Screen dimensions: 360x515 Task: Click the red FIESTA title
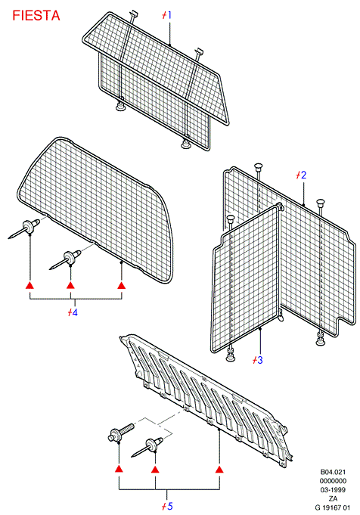coord(36,16)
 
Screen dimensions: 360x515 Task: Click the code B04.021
coord(333,472)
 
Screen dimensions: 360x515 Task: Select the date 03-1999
coord(333,490)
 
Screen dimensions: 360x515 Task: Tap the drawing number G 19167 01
coord(333,507)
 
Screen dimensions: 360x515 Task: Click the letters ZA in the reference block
coord(333,498)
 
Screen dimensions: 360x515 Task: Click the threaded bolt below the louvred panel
coord(121,433)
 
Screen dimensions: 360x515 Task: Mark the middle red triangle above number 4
coord(70,285)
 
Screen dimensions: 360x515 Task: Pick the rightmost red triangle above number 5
coord(219,469)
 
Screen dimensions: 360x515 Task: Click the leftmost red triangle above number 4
coord(30,285)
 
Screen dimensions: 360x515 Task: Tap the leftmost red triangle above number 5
coord(119,469)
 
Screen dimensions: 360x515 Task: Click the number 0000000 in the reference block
coord(333,481)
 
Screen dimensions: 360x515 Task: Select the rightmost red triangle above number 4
coord(122,285)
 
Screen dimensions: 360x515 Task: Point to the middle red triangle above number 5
coord(155,469)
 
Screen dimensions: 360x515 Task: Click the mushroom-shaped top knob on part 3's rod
coord(231,219)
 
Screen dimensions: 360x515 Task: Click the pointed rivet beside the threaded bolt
coord(147,447)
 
